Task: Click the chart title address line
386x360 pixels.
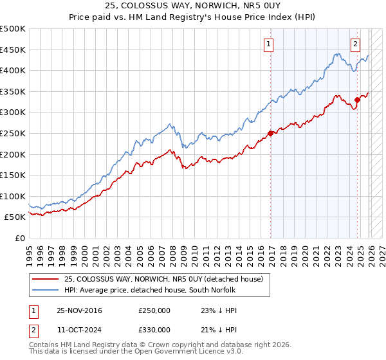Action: (193, 6)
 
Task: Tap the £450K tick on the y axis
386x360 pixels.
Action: (13, 50)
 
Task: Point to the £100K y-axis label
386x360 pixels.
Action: (13, 196)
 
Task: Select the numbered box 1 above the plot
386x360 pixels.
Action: (268, 44)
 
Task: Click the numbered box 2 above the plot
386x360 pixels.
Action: (355, 44)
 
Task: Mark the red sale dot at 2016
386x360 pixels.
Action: (270, 133)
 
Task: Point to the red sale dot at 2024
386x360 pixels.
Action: (358, 100)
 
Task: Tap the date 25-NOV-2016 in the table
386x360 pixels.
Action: (79, 310)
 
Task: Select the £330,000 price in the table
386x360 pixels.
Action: (154, 329)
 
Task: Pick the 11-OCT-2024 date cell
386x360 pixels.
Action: (78, 329)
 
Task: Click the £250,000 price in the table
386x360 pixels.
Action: (154, 310)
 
